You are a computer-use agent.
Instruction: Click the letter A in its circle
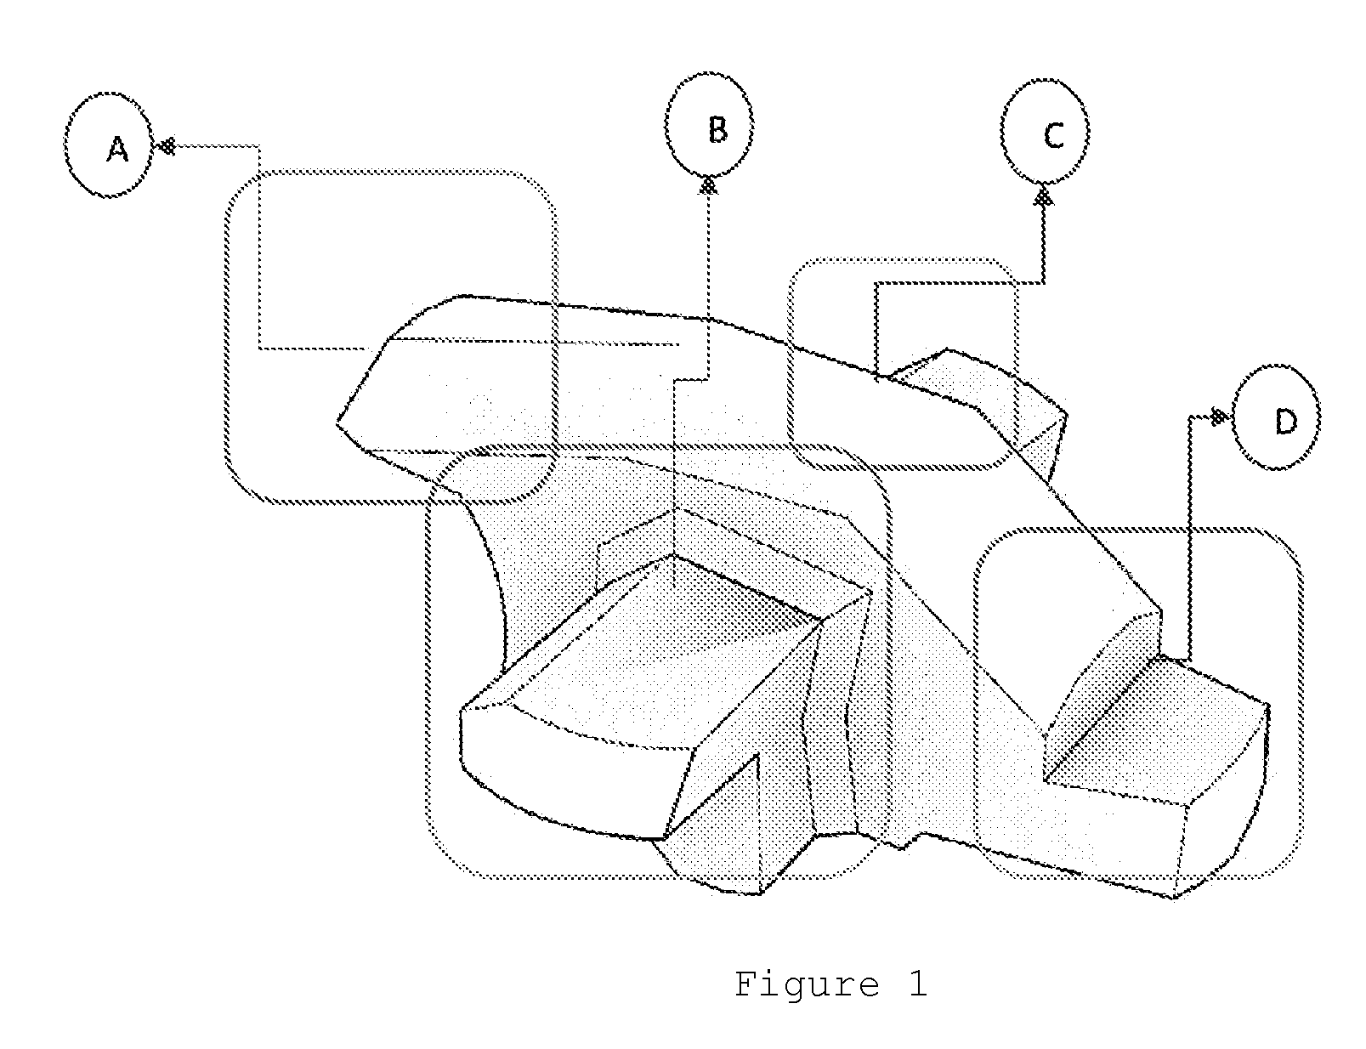117,150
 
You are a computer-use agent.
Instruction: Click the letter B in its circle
717,129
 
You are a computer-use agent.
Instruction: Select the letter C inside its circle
1053,135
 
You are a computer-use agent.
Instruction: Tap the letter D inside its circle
1285,421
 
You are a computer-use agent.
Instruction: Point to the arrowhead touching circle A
165,146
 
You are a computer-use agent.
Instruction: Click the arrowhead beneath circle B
708,184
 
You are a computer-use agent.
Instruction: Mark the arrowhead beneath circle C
1044,196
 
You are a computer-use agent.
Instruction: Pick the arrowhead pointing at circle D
1219,417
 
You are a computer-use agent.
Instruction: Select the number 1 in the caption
918,983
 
